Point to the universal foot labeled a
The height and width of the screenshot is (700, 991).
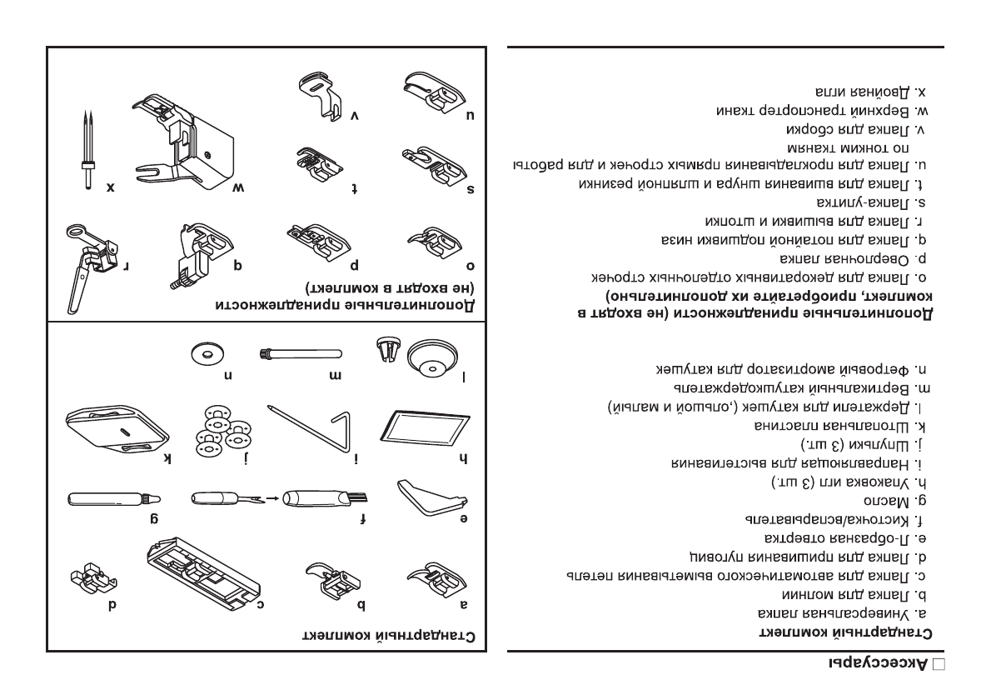tap(433, 577)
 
